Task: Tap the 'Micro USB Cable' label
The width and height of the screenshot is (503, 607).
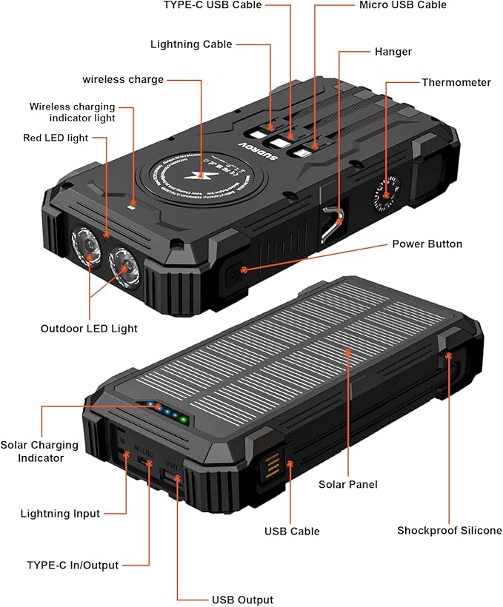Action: [403, 5]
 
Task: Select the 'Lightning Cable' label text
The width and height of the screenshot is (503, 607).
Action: [191, 44]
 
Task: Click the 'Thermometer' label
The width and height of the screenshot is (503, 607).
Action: [456, 82]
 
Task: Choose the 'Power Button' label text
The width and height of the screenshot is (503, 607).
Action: [427, 244]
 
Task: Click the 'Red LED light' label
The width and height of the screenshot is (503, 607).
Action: [56, 138]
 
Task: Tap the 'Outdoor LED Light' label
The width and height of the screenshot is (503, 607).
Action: [89, 328]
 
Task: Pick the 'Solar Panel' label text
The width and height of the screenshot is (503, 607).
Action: [348, 484]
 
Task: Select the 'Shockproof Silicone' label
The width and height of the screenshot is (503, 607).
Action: [449, 530]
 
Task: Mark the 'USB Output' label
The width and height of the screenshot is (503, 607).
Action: [242, 600]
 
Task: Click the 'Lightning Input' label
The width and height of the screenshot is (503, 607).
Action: [60, 513]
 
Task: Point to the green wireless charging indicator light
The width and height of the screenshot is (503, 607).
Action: [131, 206]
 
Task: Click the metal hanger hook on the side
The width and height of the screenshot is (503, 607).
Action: [333, 223]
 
